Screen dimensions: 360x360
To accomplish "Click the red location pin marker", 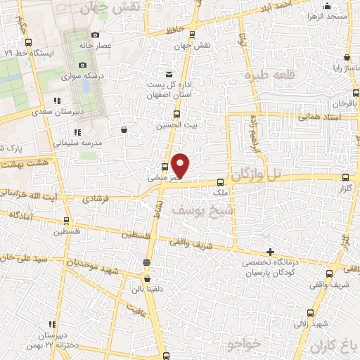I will (x=181, y=165).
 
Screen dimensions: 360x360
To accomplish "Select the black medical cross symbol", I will (x=271, y=252).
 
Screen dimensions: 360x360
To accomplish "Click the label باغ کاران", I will (x=335, y=345).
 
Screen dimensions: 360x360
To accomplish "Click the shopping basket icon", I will (x=124, y=129).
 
